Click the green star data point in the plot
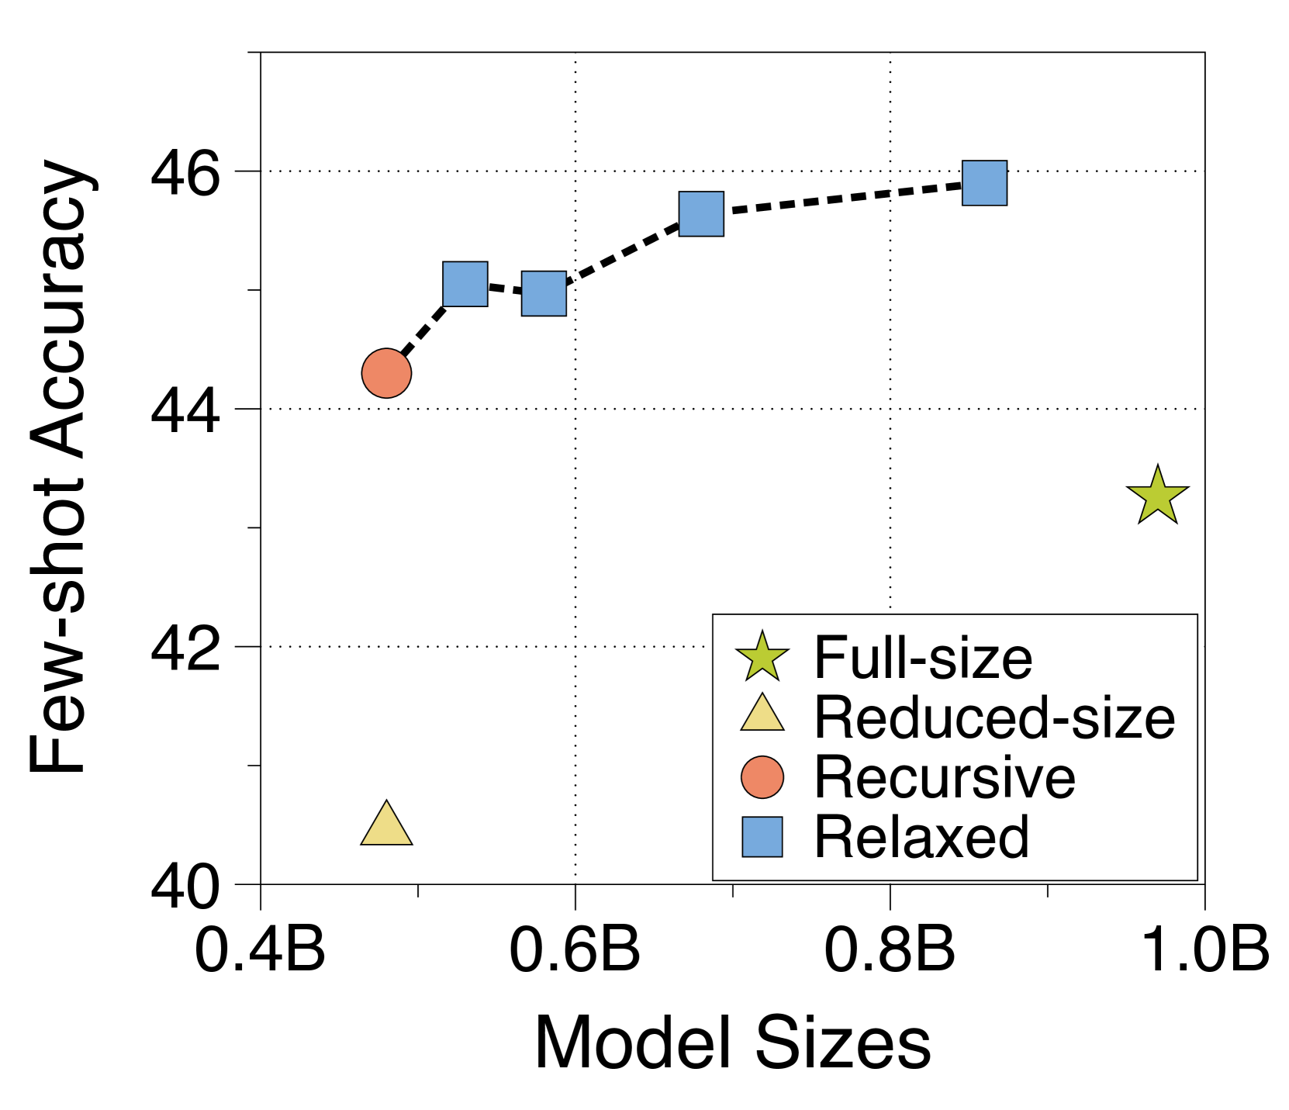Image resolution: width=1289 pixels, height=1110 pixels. click(x=1157, y=496)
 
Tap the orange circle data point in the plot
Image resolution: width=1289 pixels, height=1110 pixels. click(x=386, y=373)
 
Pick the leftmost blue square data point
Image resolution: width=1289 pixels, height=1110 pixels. click(x=465, y=284)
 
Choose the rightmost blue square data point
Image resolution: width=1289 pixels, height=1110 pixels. click(x=984, y=183)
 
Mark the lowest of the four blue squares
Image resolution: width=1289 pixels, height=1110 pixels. click(x=544, y=293)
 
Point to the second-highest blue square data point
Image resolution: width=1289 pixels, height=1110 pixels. click(x=701, y=214)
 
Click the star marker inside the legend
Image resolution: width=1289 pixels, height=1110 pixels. click(x=762, y=657)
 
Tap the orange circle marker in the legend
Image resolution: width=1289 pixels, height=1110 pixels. click(x=762, y=777)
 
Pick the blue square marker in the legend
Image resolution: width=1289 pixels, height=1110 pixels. click(x=762, y=837)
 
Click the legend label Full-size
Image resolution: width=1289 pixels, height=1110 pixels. click(x=923, y=658)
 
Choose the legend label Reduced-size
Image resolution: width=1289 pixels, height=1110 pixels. click(x=994, y=718)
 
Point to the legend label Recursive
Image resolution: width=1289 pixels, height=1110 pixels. click(x=945, y=777)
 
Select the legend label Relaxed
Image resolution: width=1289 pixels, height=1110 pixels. click(x=921, y=837)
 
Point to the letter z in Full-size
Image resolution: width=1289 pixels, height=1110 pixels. click(x=982, y=662)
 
